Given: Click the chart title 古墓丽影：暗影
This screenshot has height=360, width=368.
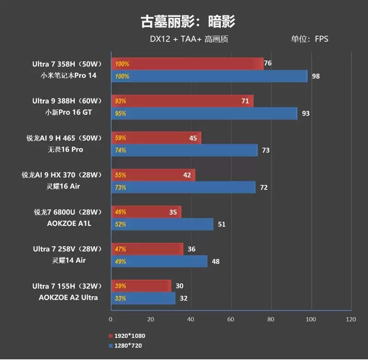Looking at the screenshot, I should pos(188,21).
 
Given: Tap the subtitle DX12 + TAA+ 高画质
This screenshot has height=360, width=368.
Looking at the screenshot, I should pos(189,39).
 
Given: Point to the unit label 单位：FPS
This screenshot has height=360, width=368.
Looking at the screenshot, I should pos(309,39).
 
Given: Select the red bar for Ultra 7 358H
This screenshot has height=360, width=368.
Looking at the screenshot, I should pos(187,64).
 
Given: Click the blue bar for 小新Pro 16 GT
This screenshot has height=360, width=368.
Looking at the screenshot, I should pos(204,113).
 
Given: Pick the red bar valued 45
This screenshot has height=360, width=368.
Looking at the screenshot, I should pos(155,138).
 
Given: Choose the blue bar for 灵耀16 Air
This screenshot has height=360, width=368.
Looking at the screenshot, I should pos(183,187).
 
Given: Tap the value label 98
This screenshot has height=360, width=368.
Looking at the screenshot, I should pos(316,76).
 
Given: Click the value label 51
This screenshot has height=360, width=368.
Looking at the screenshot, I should pos(221,225).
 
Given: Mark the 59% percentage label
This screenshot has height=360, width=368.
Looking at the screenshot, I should pos(121,138).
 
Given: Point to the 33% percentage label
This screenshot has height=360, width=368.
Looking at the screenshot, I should pos(121,298).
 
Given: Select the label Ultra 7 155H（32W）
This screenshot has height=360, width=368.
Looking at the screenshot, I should pos(68,286).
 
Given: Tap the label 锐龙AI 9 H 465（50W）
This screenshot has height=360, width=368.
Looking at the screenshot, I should pos(68,138).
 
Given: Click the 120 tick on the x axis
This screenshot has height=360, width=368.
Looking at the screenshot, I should pos(351,319).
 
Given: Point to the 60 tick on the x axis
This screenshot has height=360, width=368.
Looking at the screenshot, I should pos(231,319).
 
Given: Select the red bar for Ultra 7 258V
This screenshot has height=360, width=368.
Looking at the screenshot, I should pos(147,249).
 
